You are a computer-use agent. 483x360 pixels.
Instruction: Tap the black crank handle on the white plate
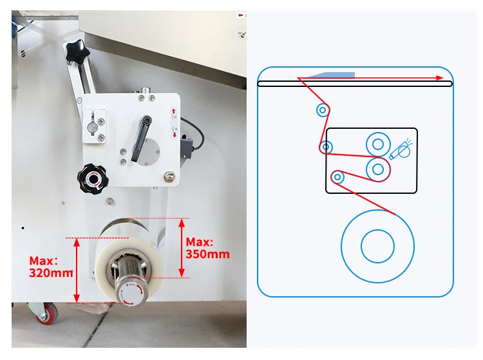pos(141,138)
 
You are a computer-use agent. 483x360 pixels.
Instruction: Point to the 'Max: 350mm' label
pos(207,248)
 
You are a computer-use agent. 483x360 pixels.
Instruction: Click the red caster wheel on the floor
pos(46,314)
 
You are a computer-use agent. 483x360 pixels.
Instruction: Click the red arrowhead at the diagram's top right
pos(440,78)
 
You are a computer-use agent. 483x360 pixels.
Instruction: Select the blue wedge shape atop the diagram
pos(331,75)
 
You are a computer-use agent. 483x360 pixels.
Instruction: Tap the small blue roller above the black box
pos(323,110)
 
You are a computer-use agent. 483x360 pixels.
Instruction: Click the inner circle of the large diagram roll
pos(377,245)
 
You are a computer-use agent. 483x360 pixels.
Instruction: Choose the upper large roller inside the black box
pos(377,143)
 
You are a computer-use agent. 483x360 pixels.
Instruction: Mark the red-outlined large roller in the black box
pos(378,169)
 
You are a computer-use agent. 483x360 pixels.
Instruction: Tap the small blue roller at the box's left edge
pos(327,147)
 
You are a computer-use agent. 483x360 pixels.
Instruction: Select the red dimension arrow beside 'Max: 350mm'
pos(182,248)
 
